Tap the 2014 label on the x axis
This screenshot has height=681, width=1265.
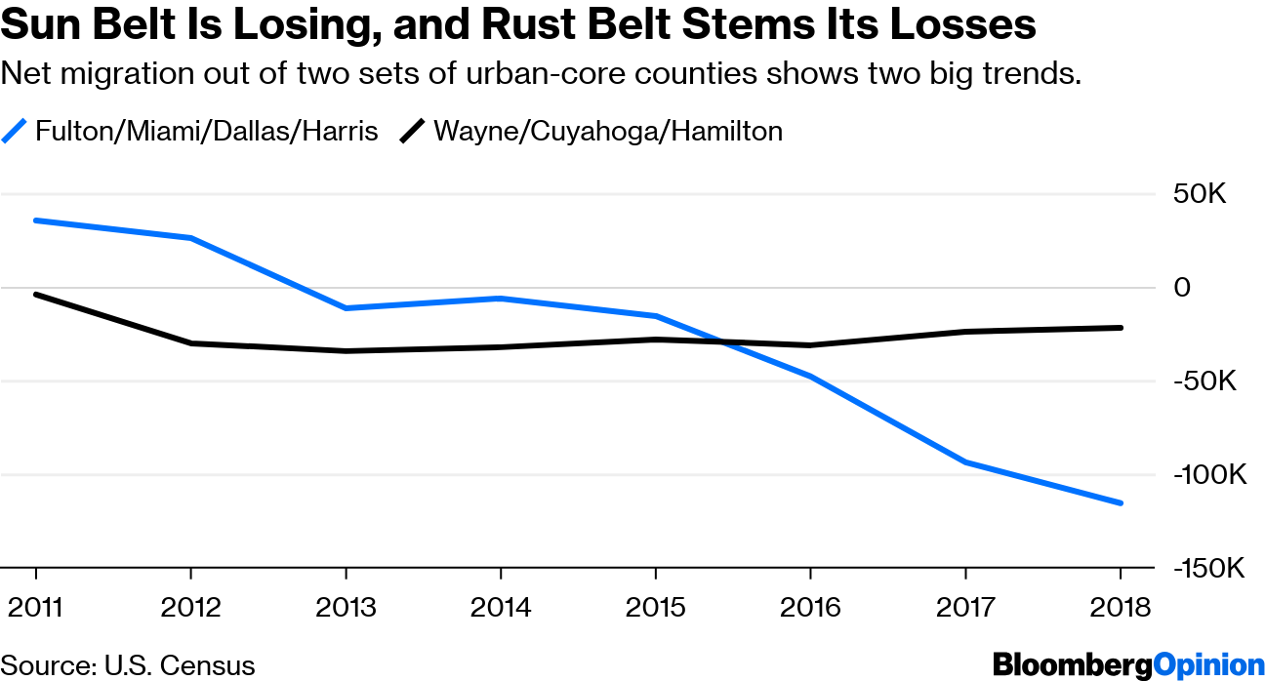[501, 607]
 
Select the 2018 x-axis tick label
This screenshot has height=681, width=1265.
[1121, 607]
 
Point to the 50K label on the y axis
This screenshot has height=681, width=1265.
[1199, 194]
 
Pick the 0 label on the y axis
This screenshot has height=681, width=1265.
[1183, 288]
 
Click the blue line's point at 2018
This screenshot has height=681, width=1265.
[1121, 503]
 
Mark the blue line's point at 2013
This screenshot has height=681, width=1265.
[346, 308]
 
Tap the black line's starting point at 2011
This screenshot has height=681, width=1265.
[36, 294]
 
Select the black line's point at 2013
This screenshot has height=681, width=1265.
[346, 351]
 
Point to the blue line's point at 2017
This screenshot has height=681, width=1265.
[965, 462]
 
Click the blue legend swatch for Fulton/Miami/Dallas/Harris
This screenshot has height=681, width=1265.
[14, 131]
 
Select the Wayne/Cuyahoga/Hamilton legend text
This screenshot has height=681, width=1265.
[607, 131]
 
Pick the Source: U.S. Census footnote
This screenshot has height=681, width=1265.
[128, 665]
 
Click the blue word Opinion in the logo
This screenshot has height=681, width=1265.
[1208, 665]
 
